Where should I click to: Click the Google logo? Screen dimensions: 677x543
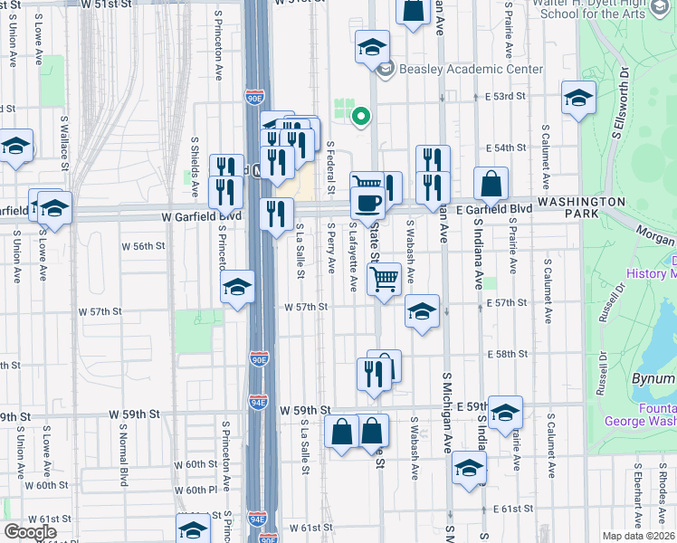click(30, 532)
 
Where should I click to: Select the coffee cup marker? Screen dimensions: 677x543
click(367, 202)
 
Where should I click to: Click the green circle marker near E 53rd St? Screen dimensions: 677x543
click(360, 116)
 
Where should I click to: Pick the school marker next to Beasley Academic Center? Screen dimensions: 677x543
click(370, 49)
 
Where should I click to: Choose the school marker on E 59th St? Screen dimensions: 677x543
click(505, 413)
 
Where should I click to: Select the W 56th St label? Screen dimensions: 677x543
click(144, 245)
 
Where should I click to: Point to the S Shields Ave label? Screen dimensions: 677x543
click(195, 167)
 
